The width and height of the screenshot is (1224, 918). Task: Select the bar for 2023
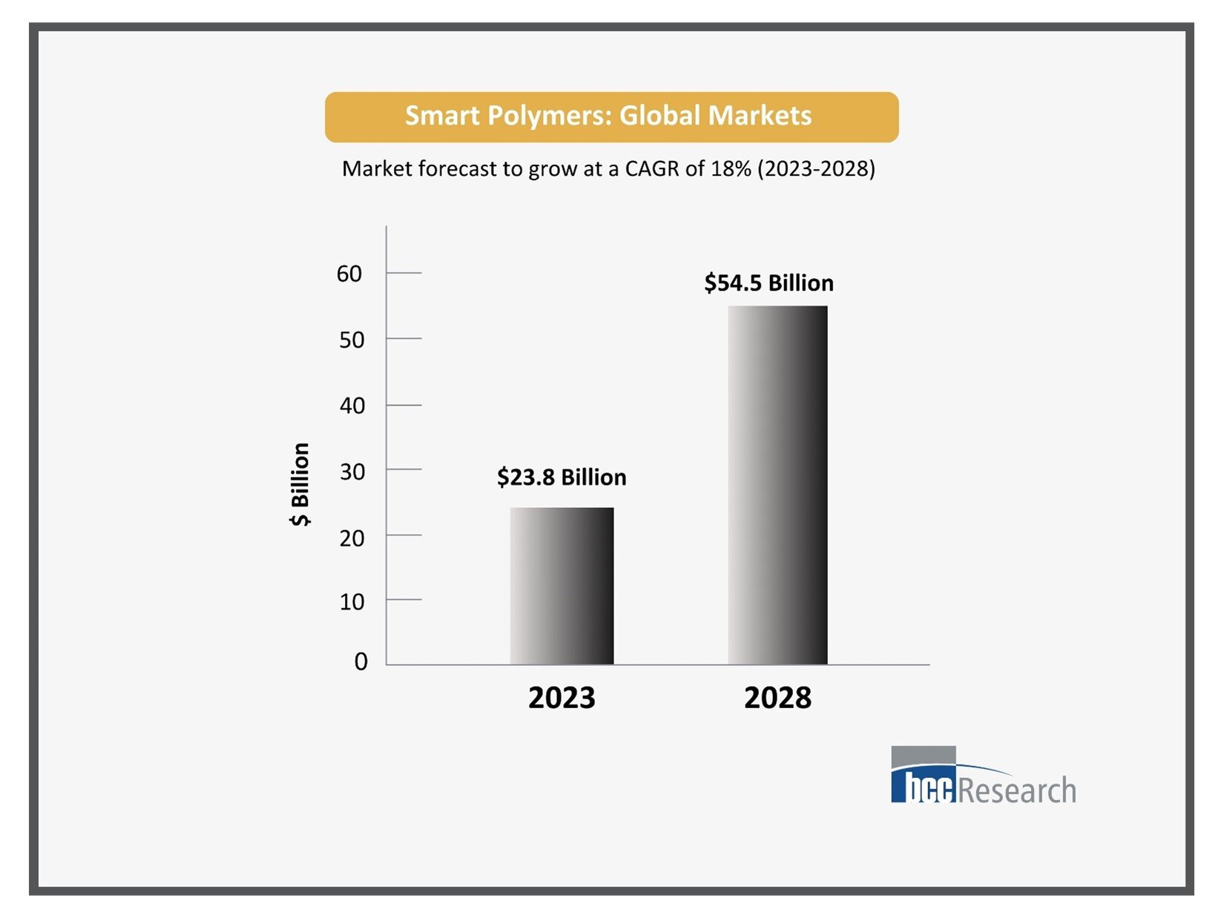click(x=562, y=586)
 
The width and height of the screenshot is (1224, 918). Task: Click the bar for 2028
click(x=777, y=485)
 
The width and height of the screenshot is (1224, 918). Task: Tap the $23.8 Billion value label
click(x=562, y=477)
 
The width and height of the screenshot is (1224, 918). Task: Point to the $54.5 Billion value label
click(x=769, y=283)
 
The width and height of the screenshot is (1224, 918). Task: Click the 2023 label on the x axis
click(x=562, y=698)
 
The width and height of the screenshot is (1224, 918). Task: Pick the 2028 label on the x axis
click(x=777, y=698)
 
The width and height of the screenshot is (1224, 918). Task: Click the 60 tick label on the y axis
click(x=349, y=274)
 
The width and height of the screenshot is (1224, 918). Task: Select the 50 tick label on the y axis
click(x=352, y=340)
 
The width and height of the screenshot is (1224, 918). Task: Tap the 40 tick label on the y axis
click(x=352, y=406)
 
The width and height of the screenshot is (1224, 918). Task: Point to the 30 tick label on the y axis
click(x=352, y=471)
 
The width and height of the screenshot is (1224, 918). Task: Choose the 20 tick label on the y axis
click(x=352, y=538)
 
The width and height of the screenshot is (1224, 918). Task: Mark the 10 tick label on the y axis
click(x=352, y=601)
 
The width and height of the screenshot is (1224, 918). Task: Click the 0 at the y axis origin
click(x=361, y=661)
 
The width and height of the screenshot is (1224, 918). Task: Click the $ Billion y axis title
click(x=300, y=484)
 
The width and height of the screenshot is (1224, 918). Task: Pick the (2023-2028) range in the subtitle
click(x=816, y=168)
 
